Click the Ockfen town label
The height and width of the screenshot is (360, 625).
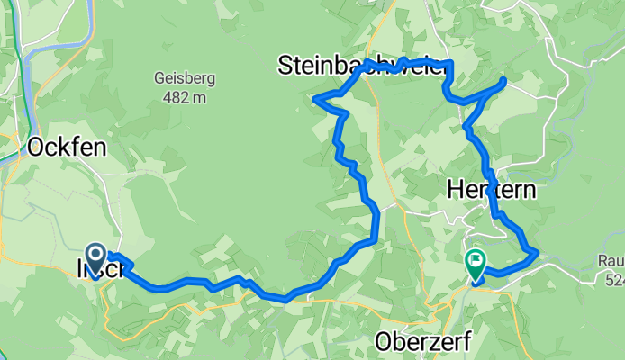pyautogui.click(x=63, y=147)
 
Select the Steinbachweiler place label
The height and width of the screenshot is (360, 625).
pyautogui.click(x=360, y=65)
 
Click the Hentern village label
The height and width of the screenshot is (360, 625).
pyautogui.click(x=491, y=191)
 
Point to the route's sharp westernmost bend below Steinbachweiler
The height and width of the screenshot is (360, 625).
pyautogui.click(x=314, y=98)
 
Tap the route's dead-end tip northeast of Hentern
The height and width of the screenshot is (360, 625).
pyautogui.click(x=504, y=82)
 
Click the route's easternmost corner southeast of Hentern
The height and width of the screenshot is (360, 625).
pyautogui.click(x=538, y=253)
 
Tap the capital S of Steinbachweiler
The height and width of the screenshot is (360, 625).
pyautogui.click(x=285, y=65)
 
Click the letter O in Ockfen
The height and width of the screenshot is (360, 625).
pyautogui.click(x=37, y=147)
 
